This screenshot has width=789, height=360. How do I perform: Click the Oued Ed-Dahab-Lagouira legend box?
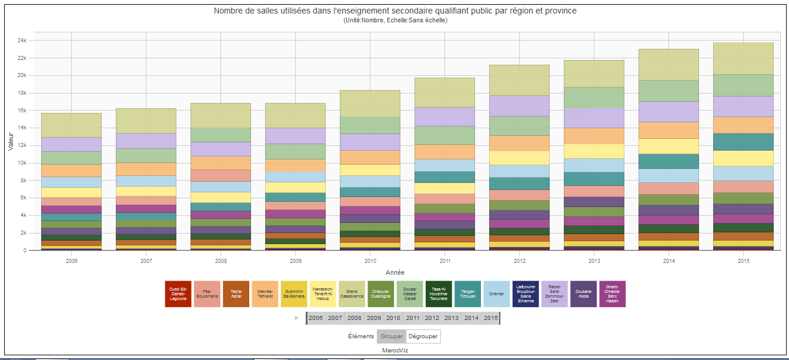click(x=178, y=294)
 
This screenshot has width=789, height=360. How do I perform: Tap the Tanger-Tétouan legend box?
click(x=467, y=294)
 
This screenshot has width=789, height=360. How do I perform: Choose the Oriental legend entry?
click(x=496, y=294)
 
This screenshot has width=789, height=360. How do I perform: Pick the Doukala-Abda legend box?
click(x=583, y=294)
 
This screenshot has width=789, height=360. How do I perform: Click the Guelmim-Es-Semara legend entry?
click(x=294, y=294)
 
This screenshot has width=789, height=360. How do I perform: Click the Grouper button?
click(x=391, y=336)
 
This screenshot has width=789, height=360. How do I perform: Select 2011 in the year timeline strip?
click(x=413, y=318)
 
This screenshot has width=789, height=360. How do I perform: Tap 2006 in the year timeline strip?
click(x=316, y=318)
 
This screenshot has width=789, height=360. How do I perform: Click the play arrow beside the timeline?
click(x=296, y=318)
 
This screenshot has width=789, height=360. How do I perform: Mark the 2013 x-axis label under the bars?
click(x=593, y=261)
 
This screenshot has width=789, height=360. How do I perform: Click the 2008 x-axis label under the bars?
click(x=221, y=261)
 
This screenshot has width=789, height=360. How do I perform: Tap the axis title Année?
click(x=394, y=272)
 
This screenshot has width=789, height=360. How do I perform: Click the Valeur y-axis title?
click(x=10, y=141)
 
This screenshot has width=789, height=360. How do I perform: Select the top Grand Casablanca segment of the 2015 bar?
click(x=743, y=58)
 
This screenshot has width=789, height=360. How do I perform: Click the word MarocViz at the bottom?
click(x=395, y=351)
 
